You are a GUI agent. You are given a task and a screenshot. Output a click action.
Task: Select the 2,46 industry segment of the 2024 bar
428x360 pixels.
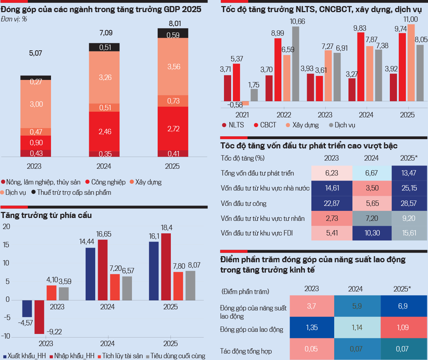105,132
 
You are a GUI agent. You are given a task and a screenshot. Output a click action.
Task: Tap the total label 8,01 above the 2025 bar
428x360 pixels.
175,24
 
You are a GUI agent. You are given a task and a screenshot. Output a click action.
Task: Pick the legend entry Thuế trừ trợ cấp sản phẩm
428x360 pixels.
71,192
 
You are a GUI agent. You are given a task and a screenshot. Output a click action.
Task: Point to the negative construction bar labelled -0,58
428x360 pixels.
245,103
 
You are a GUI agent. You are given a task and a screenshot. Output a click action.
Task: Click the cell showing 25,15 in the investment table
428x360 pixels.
409,188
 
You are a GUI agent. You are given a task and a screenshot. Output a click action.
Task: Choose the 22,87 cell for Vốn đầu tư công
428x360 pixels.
332,203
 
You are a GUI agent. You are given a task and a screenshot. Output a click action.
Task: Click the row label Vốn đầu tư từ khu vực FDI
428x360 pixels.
256,233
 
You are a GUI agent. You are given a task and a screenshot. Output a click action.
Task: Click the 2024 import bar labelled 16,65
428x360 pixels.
103,270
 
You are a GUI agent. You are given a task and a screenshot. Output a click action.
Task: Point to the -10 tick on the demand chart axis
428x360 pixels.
6,336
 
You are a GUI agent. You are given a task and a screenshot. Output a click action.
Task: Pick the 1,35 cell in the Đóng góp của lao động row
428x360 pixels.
312,328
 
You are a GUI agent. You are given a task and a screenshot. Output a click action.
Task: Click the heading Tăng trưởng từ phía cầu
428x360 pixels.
46,215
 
